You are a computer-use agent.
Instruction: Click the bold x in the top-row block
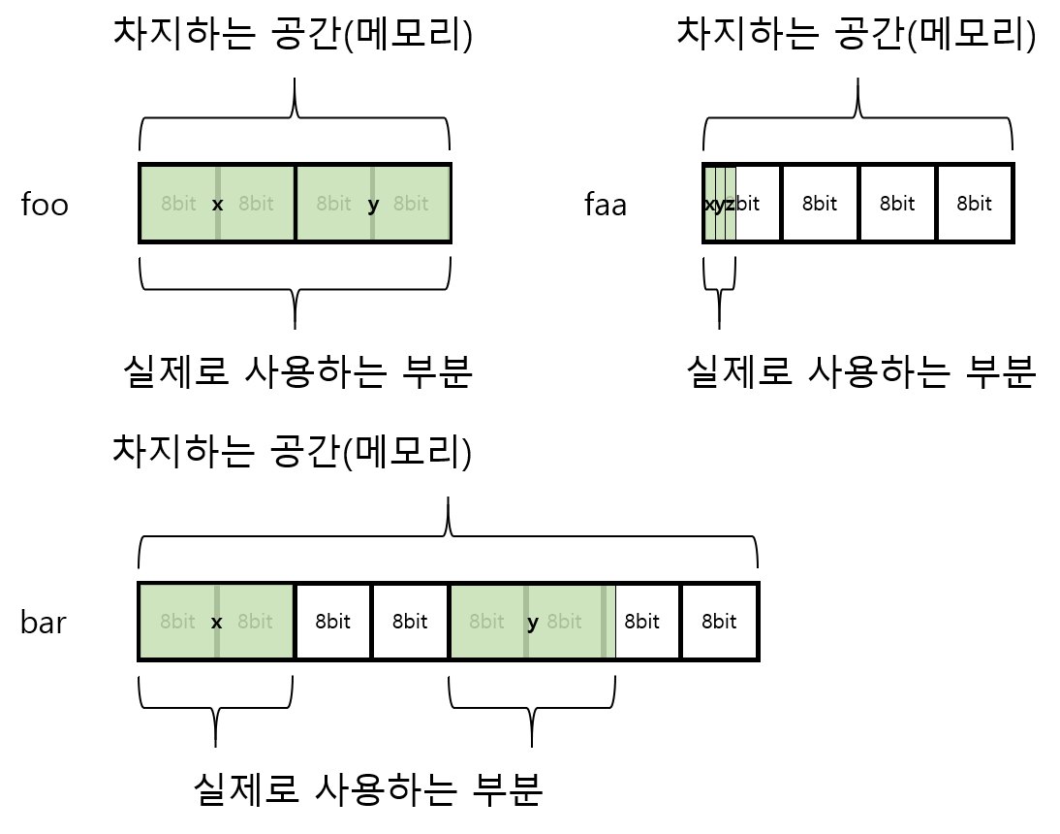[217, 205]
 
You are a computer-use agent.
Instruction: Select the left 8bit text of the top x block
[178, 204]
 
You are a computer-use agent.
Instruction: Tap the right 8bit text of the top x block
[256, 204]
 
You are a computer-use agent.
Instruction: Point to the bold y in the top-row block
[373, 205]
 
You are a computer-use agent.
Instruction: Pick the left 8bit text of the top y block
[333, 204]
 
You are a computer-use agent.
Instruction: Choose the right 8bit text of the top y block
[411, 204]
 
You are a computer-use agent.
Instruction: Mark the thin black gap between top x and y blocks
[296, 204]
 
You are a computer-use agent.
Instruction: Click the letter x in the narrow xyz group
[709, 205]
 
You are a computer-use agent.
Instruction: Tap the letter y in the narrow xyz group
[720, 205]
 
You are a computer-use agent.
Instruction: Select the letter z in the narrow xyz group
[731, 205]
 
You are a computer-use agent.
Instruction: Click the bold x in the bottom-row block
[216, 623]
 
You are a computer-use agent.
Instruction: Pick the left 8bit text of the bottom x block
[177, 622]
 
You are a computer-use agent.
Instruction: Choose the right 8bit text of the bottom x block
[255, 622]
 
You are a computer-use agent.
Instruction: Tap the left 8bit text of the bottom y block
[486, 622]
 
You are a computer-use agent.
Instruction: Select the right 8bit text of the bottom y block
[564, 622]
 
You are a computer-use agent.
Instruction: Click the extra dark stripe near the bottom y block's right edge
[604, 622]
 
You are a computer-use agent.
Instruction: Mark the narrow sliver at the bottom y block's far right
[611, 622]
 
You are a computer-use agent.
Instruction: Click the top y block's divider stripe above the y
[372, 179]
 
